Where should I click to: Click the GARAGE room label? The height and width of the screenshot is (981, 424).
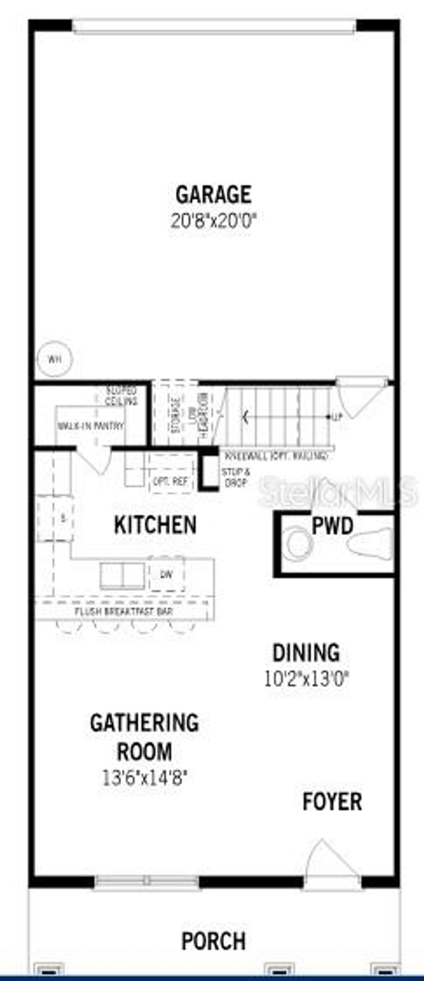pyautogui.click(x=213, y=195)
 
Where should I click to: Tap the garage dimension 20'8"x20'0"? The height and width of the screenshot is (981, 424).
pyautogui.click(x=214, y=221)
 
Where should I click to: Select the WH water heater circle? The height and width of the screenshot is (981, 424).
pyautogui.click(x=55, y=359)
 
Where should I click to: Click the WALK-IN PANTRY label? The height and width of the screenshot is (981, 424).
pyautogui.click(x=90, y=425)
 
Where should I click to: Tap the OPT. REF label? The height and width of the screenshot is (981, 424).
pyautogui.click(x=171, y=481)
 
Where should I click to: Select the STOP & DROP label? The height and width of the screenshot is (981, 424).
pyautogui.click(x=236, y=477)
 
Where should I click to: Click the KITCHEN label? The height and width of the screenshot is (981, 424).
pyautogui.click(x=155, y=525)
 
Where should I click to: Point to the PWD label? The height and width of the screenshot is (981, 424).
pyautogui.click(x=332, y=526)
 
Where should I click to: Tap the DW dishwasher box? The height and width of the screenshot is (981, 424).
pyautogui.click(x=166, y=574)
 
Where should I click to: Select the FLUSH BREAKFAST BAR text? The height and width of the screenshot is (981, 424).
pyautogui.click(x=124, y=611)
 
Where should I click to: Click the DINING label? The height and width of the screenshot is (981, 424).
pyautogui.click(x=306, y=653)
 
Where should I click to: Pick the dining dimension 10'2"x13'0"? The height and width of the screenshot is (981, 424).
pyautogui.click(x=306, y=679)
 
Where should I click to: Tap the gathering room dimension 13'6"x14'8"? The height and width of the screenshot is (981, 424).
pyautogui.click(x=145, y=778)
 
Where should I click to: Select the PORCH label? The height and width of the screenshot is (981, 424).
pyautogui.click(x=214, y=941)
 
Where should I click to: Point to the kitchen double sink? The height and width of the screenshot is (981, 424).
pyautogui.click(x=123, y=576)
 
